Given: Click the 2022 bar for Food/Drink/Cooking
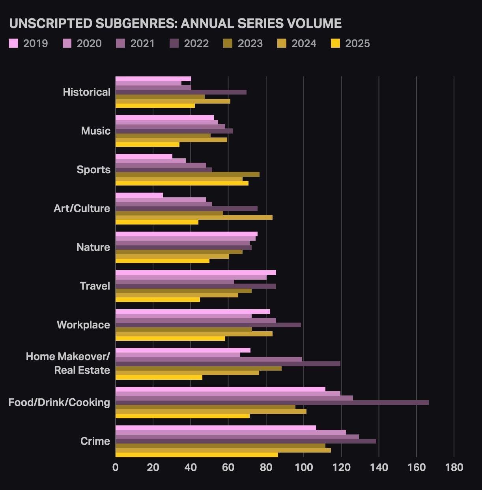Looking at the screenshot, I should pyautogui.click(x=272, y=403).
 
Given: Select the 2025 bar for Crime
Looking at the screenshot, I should pyautogui.click(x=196, y=455).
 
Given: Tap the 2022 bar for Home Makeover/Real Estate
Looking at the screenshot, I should pyautogui.click(x=228, y=364).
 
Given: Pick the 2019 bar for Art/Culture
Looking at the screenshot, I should pyautogui.click(x=139, y=195).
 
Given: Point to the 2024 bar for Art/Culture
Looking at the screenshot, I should pyautogui.click(x=194, y=217).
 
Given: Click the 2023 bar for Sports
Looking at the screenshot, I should pyautogui.click(x=187, y=174).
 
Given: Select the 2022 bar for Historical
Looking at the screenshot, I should pyautogui.click(x=181, y=92).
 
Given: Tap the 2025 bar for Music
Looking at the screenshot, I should pyautogui.click(x=147, y=145).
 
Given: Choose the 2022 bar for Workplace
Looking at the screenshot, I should pyautogui.click(x=208, y=325).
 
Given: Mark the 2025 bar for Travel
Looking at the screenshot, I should pyautogui.click(x=157, y=300).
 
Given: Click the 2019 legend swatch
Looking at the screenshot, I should pyautogui.click(x=13, y=43).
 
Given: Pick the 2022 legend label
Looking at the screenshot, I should pyautogui.click(x=196, y=43).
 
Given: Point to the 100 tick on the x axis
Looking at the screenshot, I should pyautogui.click(x=303, y=468).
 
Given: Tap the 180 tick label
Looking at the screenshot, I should pyautogui.click(x=454, y=468).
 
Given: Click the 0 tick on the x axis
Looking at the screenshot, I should pyautogui.click(x=115, y=468).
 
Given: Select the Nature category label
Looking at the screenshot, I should pyautogui.click(x=93, y=247).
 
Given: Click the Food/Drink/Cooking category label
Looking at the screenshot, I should pyautogui.click(x=59, y=402).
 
